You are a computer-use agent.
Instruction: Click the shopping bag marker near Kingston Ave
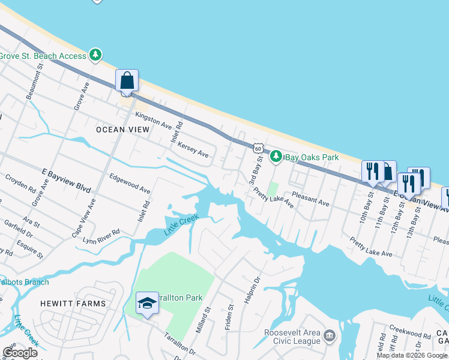[127, 81]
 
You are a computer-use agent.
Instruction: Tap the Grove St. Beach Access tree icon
[95, 55]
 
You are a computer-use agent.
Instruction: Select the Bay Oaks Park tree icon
[276, 157]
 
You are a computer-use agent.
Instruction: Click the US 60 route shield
[258, 148]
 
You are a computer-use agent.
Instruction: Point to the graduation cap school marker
[147, 304]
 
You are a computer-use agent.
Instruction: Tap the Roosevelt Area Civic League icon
[329, 335]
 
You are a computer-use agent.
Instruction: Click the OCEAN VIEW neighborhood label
[119, 129]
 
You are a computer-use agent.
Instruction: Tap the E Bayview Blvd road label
[66, 180]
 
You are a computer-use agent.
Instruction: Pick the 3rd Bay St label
[255, 170]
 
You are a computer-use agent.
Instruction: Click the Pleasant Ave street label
[310, 199]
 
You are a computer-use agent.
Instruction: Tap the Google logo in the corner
[20, 353]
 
